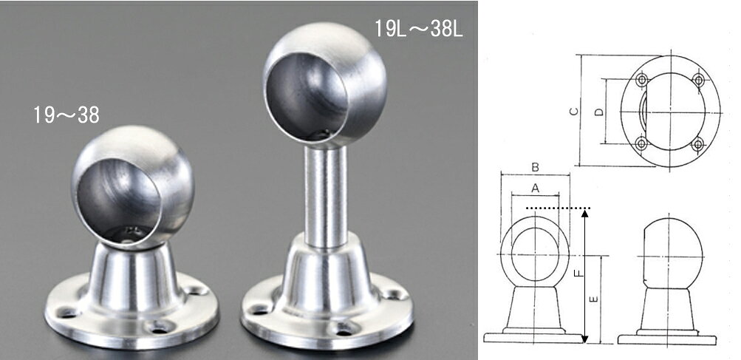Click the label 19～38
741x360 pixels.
[x=66, y=115]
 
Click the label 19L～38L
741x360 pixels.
[x=419, y=29]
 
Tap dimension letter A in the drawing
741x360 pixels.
[x=535, y=189]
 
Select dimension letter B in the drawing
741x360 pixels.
[x=535, y=167]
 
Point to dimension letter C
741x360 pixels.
[x=573, y=112]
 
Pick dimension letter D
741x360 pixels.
[x=598, y=112]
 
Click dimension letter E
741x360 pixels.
[x=594, y=299]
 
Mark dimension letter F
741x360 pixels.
[x=578, y=274]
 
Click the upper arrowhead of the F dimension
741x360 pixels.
[x=584, y=214]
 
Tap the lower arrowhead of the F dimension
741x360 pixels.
[x=584, y=339]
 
